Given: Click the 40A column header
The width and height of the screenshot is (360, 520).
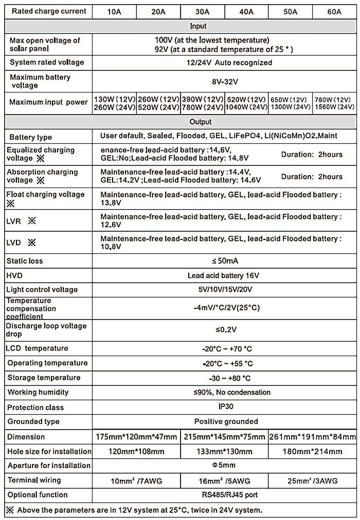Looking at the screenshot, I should (246, 11).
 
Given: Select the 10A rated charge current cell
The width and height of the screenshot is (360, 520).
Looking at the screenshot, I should (114, 11).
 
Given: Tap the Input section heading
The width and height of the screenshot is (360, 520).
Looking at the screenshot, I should (198, 26).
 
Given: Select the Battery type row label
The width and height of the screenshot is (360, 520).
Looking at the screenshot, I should (31, 137).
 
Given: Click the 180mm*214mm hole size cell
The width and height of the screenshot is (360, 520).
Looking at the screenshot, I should (313, 452).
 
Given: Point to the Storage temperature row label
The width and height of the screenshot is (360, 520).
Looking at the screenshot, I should (44, 378).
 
